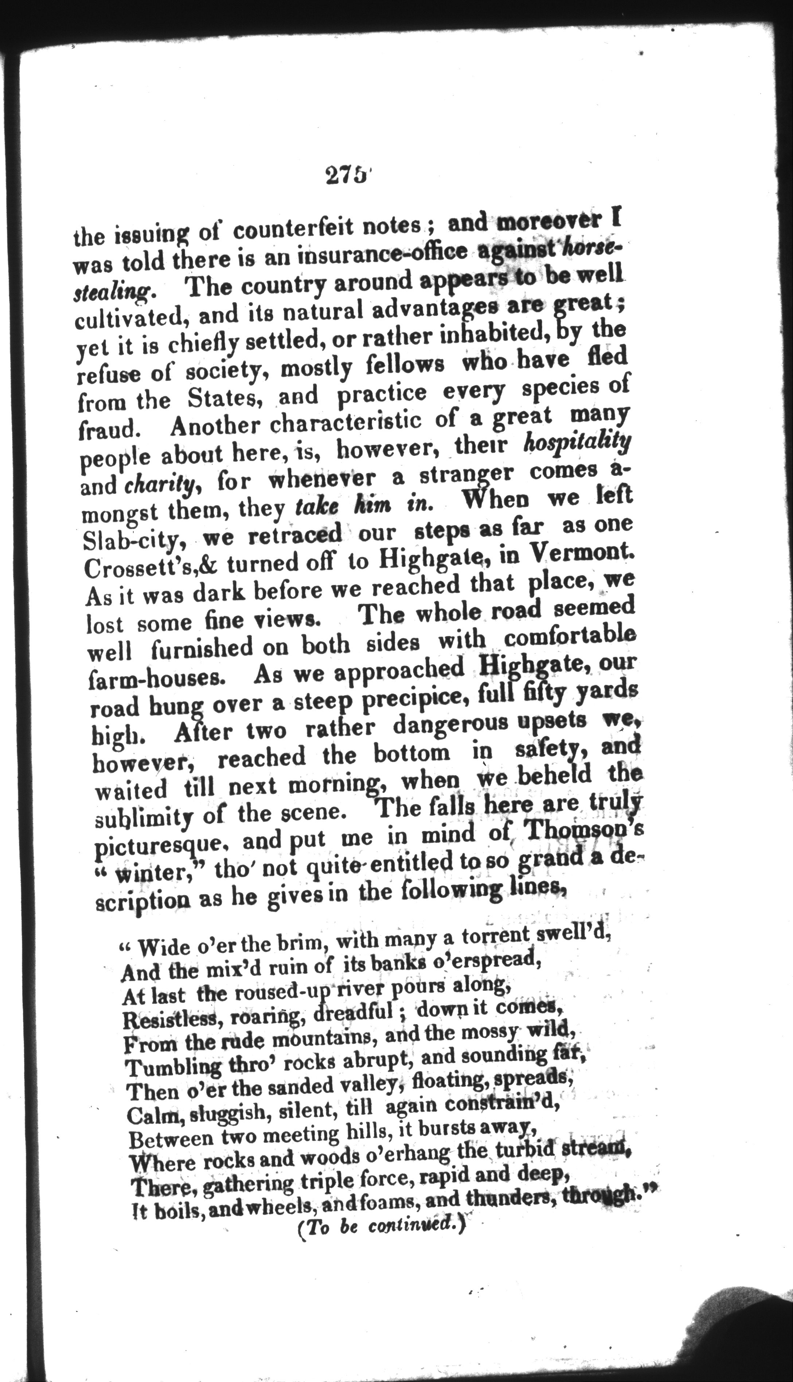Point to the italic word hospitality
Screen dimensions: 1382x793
[x=576, y=444]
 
